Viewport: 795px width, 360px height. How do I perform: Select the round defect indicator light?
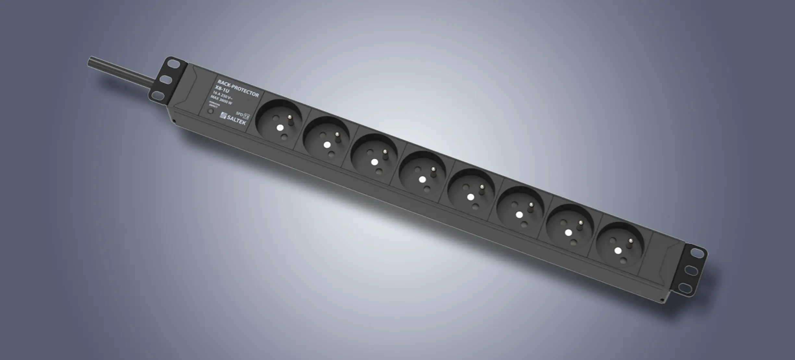(x=211, y=111)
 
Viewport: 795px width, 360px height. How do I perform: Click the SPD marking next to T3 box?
(x=239, y=114)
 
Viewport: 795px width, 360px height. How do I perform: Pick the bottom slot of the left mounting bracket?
(x=158, y=95)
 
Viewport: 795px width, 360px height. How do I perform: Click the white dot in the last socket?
(x=618, y=250)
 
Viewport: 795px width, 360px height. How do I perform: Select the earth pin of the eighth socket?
(x=630, y=241)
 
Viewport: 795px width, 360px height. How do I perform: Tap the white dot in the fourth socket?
(x=422, y=179)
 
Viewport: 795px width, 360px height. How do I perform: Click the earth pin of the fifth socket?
(x=482, y=187)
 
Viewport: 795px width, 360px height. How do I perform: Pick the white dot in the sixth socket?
(x=519, y=215)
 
